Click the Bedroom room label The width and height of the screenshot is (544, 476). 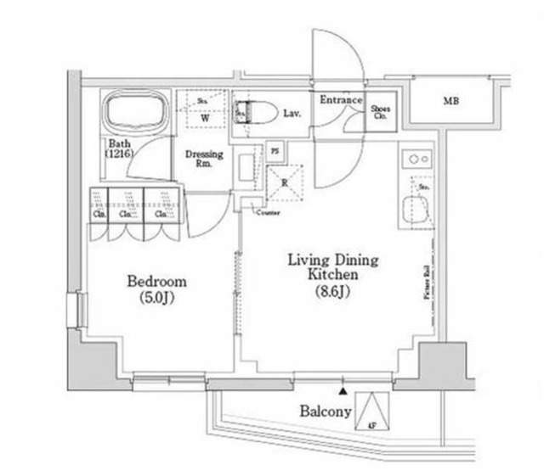tap(156, 282)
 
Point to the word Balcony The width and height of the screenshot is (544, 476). tap(326, 412)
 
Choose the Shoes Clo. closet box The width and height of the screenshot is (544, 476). tap(379, 113)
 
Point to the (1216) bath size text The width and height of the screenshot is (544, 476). tap(118, 155)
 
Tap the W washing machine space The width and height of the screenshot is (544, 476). tap(203, 119)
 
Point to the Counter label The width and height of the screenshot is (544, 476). tap(264, 212)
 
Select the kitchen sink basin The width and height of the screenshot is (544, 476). tap(416, 209)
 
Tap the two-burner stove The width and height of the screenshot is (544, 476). tap(416, 159)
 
